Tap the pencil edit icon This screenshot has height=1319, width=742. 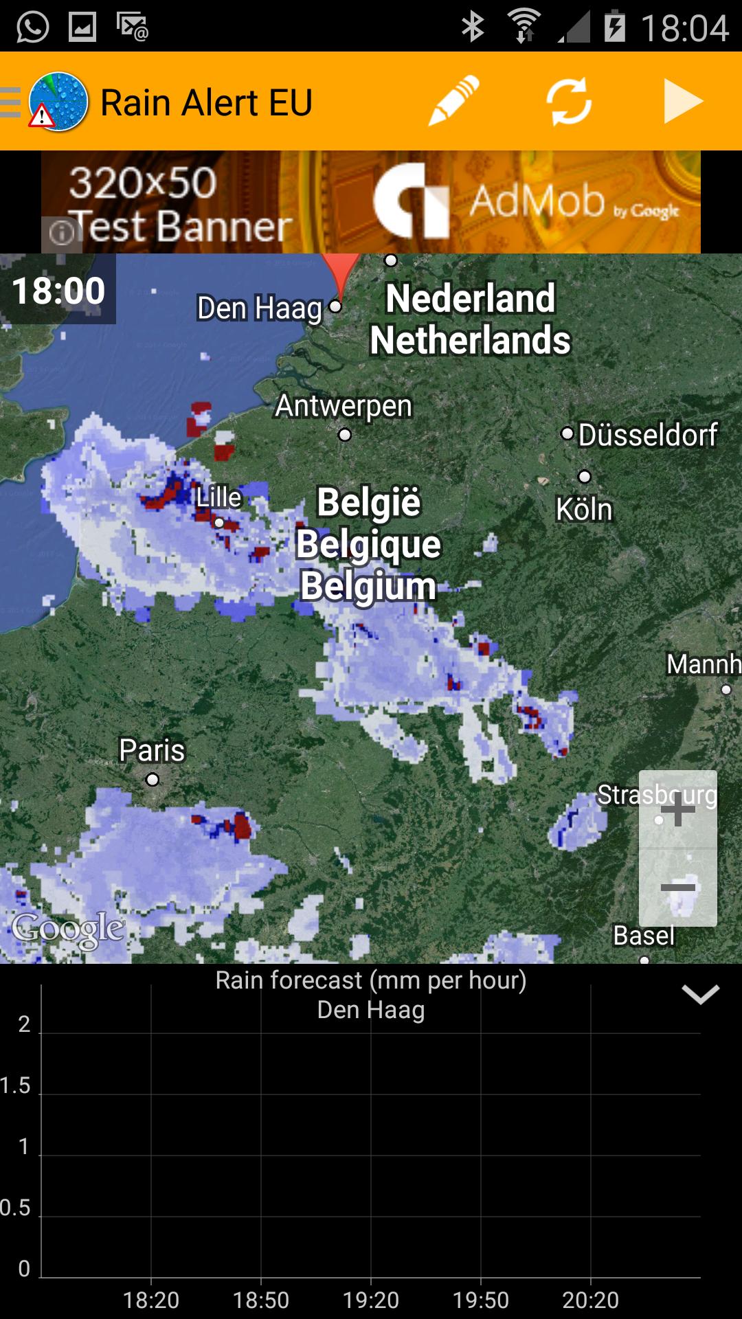(453, 102)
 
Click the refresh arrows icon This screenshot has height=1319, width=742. (569, 102)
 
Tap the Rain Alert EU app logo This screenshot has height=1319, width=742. (58, 102)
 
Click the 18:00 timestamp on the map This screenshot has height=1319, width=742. (58, 290)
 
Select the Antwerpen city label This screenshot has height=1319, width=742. (344, 406)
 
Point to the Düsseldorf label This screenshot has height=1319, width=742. (648, 435)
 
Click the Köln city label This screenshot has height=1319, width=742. (584, 510)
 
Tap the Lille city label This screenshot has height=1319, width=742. (219, 497)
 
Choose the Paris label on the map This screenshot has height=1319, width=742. (152, 750)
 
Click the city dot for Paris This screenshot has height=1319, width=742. (153, 780)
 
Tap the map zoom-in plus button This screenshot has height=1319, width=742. (678, 809)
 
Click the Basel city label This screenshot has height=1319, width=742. (644, 936)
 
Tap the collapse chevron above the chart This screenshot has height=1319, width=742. (700, 994)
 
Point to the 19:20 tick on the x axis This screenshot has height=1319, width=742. (371, 1300)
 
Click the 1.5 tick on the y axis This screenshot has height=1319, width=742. (16, 1085)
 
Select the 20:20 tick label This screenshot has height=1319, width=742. (591, 1300)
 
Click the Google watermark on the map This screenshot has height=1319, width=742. (68, 929)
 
